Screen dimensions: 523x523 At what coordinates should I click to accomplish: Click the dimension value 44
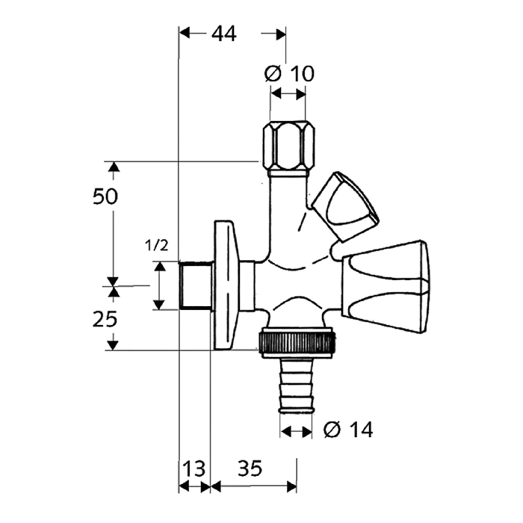point(224,34)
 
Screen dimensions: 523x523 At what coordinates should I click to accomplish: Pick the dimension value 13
point(194,469)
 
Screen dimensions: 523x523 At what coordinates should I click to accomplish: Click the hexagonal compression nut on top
point(288,146)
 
